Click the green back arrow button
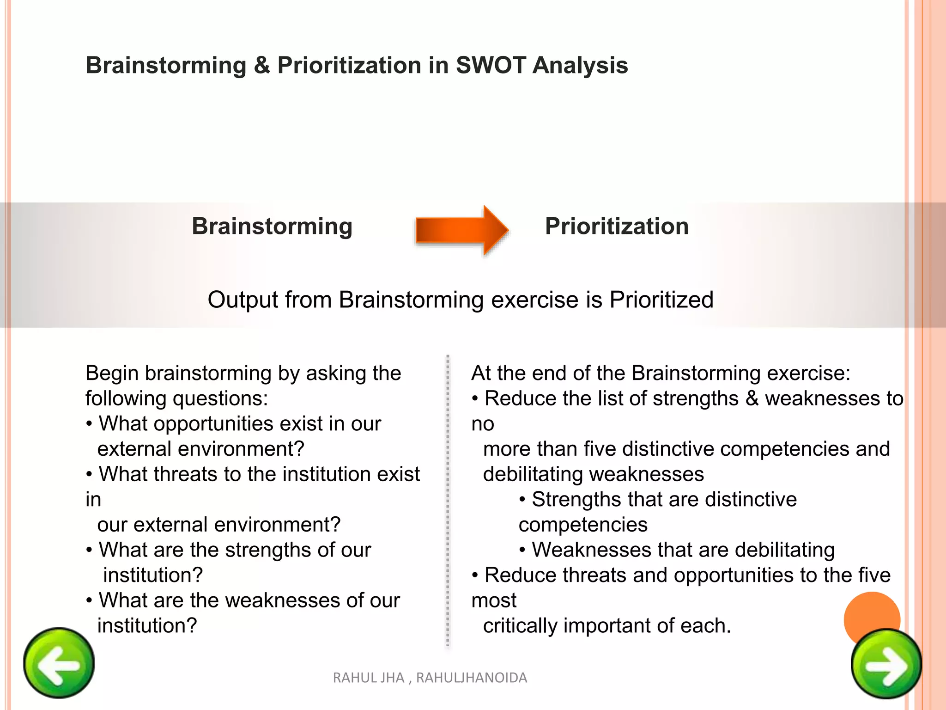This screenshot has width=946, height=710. [59, 663]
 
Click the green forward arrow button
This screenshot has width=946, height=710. [886, 664]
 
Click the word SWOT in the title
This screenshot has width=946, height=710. [491, 65]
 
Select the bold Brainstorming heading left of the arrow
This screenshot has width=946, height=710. [272, 226]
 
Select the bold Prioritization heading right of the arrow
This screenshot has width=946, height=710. [617, 226]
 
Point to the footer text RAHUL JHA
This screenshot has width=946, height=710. [368, 678]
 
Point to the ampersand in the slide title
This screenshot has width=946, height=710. [261, 65]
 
